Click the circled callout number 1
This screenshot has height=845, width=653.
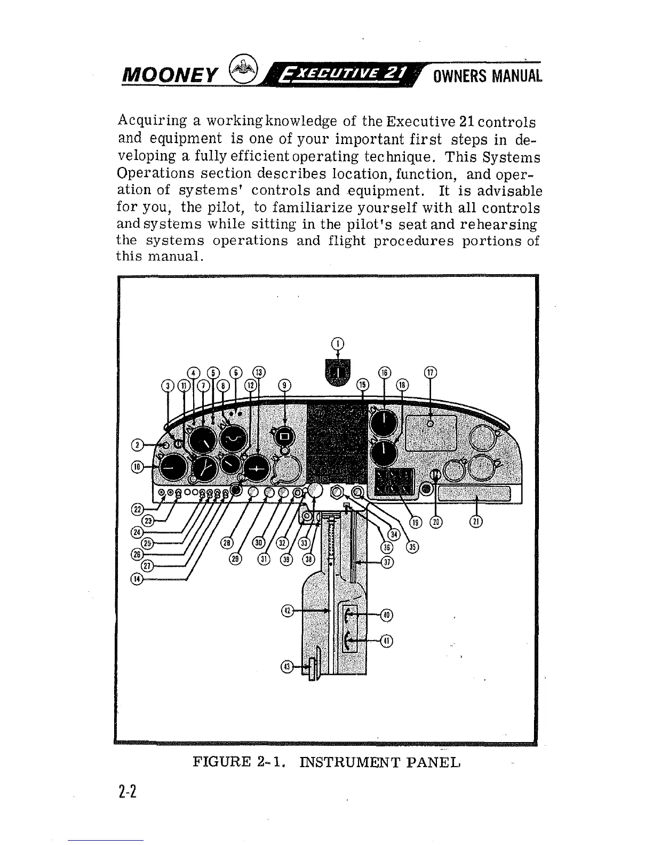(x=338, y=344)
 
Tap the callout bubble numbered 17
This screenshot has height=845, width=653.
(x=430, y=373)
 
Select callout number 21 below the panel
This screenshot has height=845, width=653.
(x=476, y=522)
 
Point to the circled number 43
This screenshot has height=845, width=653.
(x=287, y=666)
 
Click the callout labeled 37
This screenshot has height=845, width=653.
(x=388, y=562)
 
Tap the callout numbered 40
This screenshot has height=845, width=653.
(x=387, y=615)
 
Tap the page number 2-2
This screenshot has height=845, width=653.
(x=129, y=791)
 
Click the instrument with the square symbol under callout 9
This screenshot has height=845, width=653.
(x=284, y=437)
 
